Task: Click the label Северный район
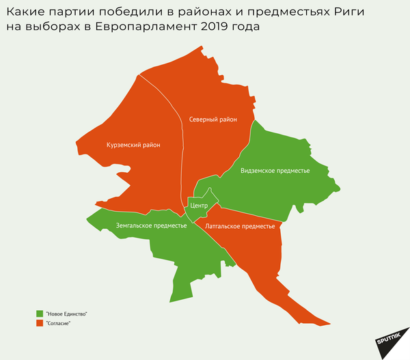(x=213, y=120)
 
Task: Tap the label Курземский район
(x=133, y=145)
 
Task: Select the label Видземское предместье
(x=275, y=171)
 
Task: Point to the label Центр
(x=199, y=206)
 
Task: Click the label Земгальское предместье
(x=151, y=225)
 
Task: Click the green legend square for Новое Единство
(x=40, y=314)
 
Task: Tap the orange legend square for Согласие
(x=40, y=323)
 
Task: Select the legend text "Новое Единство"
(x=66, y=314)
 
